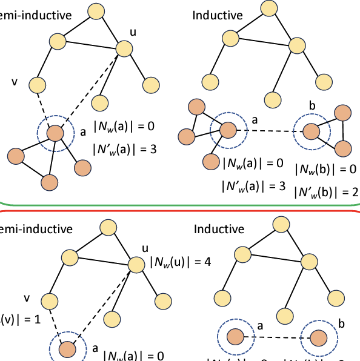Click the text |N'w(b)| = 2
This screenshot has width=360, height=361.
(x=326, y=192)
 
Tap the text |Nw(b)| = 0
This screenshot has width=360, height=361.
(x=325, y=170)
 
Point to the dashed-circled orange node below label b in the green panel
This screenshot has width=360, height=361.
(x=312, y=131)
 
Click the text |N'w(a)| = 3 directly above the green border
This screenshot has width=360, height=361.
(x=253, y=185)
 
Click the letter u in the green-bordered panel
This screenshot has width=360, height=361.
(x=134, y=31)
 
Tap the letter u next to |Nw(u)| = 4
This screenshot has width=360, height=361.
(x=144, y=248)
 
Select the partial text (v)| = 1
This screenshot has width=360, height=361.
(x=20, y=319)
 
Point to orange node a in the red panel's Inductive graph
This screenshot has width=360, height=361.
(x=235, y=336)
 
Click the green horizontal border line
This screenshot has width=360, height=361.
(x=182, y=204)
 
